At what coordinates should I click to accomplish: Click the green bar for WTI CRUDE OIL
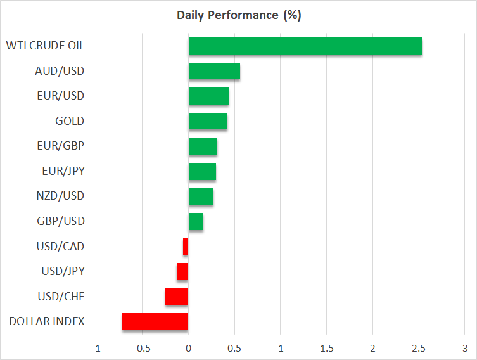[305, 46]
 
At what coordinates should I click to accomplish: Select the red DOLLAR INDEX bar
[155, 322]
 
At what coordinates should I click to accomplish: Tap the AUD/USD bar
[214, 71]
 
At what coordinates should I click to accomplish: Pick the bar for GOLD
[208, 121]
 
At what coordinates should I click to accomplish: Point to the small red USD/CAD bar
[186, 247]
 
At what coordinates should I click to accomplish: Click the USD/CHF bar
[177, 297]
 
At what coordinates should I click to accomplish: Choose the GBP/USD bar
[196, 221]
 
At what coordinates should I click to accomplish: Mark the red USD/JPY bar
[182, 272]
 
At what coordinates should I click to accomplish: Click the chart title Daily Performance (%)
[238, 15]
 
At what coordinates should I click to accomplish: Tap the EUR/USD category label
[60, 96]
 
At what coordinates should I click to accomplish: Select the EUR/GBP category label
[61, 146]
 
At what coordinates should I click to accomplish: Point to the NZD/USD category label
[60, 196]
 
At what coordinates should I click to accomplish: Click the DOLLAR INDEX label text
[47, 321]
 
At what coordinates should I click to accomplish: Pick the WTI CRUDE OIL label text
[45, 46]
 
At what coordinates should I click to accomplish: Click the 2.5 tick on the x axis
[419, 348]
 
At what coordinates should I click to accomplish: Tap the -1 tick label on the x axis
[96, 348]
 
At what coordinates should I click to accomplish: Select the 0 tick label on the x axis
[188, 348]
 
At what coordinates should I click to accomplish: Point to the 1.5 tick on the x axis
[327, 348]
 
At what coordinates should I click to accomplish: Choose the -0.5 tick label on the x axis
[142, 348]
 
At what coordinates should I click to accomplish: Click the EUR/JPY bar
[202, 171]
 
